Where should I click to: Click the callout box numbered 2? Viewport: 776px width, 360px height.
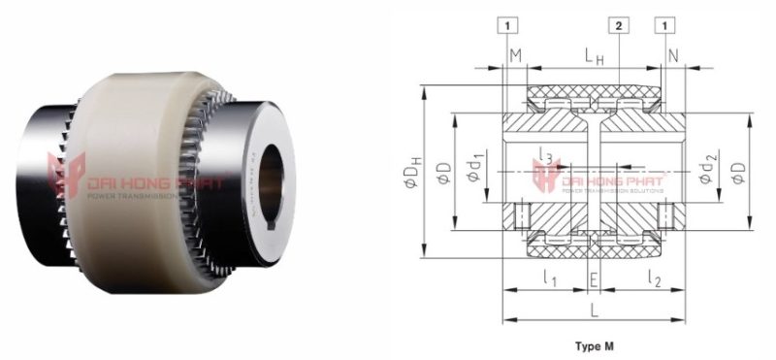point(618,22)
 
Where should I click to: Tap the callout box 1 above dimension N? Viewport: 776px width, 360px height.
point(665,22)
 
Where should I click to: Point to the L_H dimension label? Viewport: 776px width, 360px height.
point(595,60)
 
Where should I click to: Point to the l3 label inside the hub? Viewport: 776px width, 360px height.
point(545,158)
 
